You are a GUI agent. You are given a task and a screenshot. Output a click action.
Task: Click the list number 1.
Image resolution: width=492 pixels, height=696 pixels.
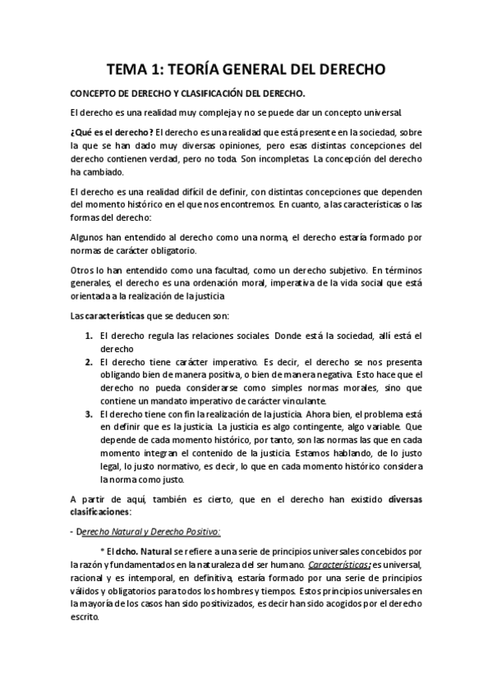click(89, 336)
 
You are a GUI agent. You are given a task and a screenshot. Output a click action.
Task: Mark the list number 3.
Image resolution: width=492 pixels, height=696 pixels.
click(89, 414)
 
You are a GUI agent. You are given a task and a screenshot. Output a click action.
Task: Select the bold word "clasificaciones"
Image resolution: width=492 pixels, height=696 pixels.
click(105, 512)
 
